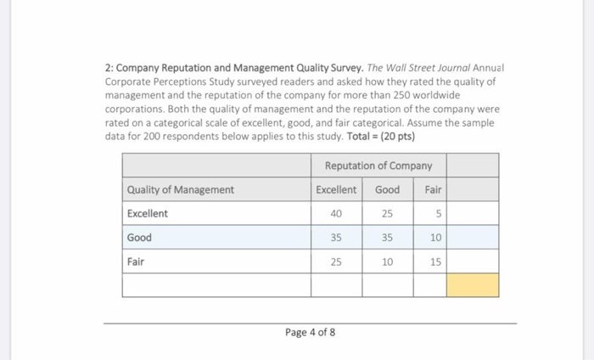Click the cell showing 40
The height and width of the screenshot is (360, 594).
tap(336, 214)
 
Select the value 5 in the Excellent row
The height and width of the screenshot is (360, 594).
tap(435, 214)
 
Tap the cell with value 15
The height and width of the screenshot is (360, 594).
tap(435, 262)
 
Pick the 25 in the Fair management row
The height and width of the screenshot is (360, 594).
tap(336, 262)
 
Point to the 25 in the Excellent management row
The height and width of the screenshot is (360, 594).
tap(387, 214)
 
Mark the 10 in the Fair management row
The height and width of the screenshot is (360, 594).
tap(387, 262)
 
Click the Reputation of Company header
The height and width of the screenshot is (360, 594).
tap(378, 166)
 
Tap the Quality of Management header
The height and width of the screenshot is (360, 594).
tap(180, 190)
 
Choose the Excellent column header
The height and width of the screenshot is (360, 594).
tap(336, 190)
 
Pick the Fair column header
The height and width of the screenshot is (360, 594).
tap(433, 190)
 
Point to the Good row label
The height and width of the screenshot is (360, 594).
tap(139, 238)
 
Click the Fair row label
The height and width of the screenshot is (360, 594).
tap(135, 262)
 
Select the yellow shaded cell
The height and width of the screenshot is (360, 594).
tap(473, 285)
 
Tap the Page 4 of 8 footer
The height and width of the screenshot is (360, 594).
tap(310, 332)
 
